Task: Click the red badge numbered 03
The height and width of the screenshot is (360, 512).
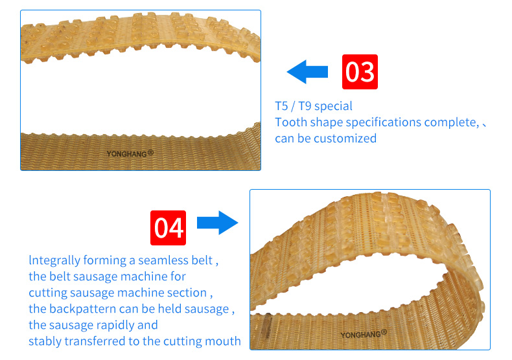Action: (360, 72)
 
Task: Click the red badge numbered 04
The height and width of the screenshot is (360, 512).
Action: (169, 228)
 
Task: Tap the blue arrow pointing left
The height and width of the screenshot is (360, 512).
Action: (308, 72)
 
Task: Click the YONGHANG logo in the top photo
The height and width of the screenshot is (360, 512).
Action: (130, 154)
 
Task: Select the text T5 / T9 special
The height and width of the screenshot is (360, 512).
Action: (314, 106)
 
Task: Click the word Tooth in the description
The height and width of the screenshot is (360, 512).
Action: (290, 122)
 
